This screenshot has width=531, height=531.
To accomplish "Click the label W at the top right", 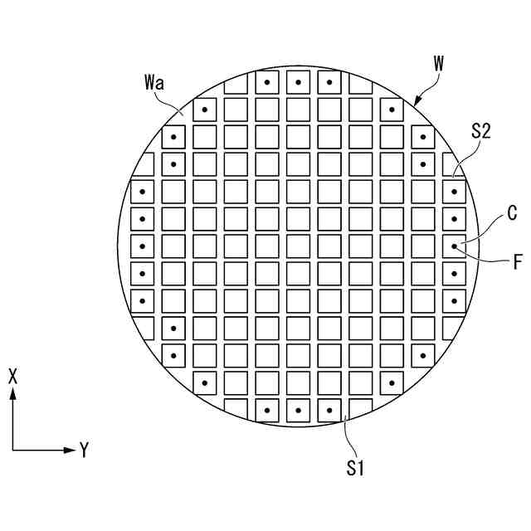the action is coord(438,64).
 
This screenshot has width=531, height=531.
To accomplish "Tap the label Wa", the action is coord(153,83).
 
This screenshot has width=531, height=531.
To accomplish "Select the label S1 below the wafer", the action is coord(356,468).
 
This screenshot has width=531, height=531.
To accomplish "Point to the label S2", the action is coord(482,130).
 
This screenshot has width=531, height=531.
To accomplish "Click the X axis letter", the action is coord(12,375).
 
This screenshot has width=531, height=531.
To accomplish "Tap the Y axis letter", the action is coord(84,451).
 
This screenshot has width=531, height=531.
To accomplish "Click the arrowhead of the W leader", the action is coord(415,102).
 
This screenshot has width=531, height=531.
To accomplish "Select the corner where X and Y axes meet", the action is coord(12,451).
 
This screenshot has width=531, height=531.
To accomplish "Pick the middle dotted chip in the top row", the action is coord(298,82).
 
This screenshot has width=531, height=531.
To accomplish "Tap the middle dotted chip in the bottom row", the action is coord(298,410).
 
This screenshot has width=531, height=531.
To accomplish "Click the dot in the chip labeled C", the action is coord(454,246).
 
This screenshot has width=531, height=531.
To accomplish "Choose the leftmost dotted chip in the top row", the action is coord(267,82).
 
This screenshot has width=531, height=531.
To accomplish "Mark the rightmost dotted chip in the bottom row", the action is coord(329,410).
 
